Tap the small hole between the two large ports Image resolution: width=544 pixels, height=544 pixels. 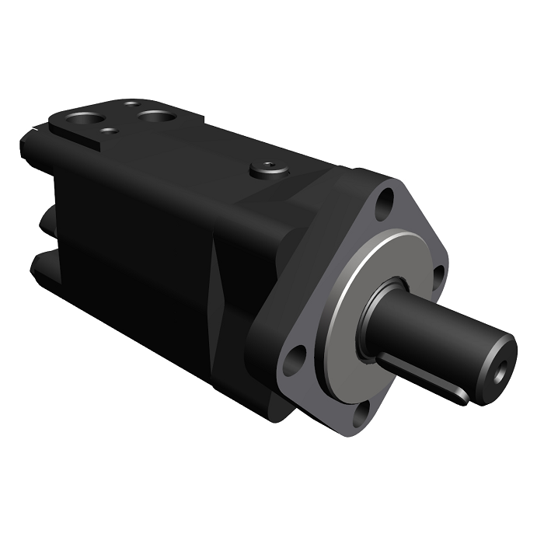coord(111,131)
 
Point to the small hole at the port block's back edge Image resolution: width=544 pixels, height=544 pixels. coord(132,103)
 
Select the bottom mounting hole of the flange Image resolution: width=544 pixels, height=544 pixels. coord(360,413)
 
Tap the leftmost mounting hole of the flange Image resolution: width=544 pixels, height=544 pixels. coord(293,360)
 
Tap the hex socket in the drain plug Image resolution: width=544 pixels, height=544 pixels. coord(269,166)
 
